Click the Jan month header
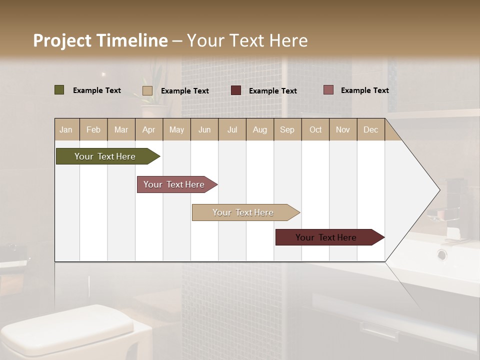tap(66, 129)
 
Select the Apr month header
tap(148, 129)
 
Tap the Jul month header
tap(232, 129)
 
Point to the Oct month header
tap(315, 129)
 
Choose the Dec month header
tap(370, 129)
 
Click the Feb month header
tap(93, 129)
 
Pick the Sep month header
tap(287, 129)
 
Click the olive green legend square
tap(59, 90)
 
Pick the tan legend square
tap(147, 90)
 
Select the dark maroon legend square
tap(236, 90)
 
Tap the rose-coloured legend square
tap(328, 90)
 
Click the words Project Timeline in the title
tap(100, 40)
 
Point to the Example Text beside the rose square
tap(364, 90)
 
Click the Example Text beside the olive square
tap(96, 90)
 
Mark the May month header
tap(176, 129)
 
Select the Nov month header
tap(342, 129)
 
